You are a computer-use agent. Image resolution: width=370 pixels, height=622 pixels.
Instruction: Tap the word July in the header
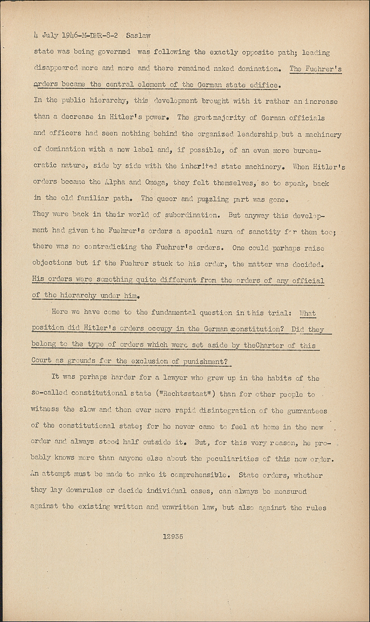pos(50,36)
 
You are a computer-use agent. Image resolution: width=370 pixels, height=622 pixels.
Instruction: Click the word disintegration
pos(227,411)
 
